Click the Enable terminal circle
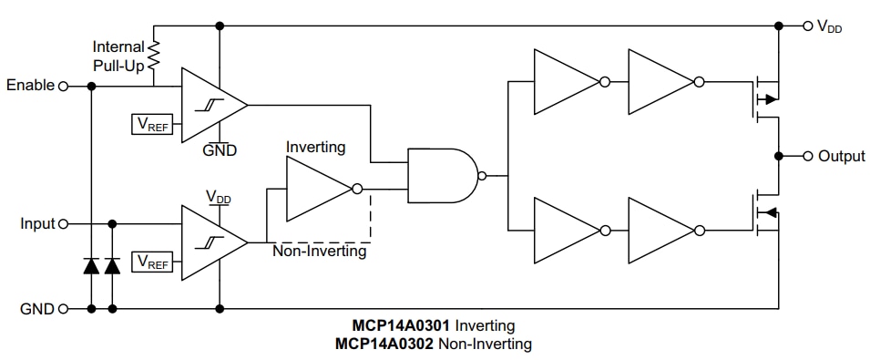click(x=63, y=87)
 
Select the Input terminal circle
click(x=63, y=223)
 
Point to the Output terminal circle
click(x=806, y=156)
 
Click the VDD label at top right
click(x=829, y=26)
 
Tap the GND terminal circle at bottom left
click(x=63, y=309)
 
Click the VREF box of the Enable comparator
click(x=152, y=123)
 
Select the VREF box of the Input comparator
click(x=152, y=262)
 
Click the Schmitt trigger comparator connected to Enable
click(x=210, y=105)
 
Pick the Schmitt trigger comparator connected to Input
click(x=210, y=242)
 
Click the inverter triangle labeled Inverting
click(x=316, y=190)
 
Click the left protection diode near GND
click(x=91, y=266)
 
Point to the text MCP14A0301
click(x=402, y=325)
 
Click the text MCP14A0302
click(x=384, y=344)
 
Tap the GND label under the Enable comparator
click(x=220, y=150)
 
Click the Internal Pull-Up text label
click(x=118, y=56)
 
